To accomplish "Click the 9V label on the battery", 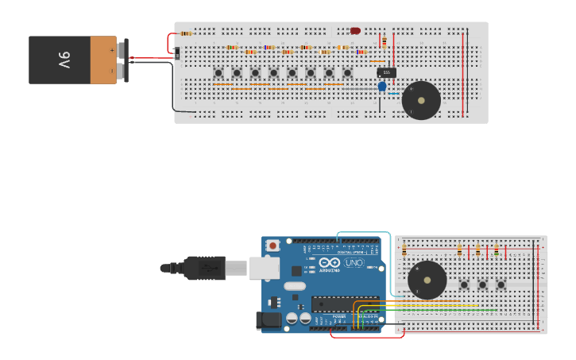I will click(63, 60).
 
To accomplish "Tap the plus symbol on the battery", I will click(112, 50).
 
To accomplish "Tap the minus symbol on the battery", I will click(112, 70).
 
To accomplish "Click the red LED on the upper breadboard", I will click(355, 31).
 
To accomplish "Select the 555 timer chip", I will click(386, 72).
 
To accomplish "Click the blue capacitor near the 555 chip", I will click(382, 86).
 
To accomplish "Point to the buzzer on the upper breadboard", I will click(421, 100).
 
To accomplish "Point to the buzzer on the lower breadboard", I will click(427, 280).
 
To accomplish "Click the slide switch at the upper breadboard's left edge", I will click(176, 53).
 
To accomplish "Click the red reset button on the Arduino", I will click(273, 246).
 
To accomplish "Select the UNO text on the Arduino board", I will click(354, 263).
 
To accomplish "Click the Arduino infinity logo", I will click(331, 263).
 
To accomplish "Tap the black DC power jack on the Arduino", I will click(269, 320).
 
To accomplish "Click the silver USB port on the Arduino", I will click(265, 268).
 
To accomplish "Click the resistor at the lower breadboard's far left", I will click(404, 251).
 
